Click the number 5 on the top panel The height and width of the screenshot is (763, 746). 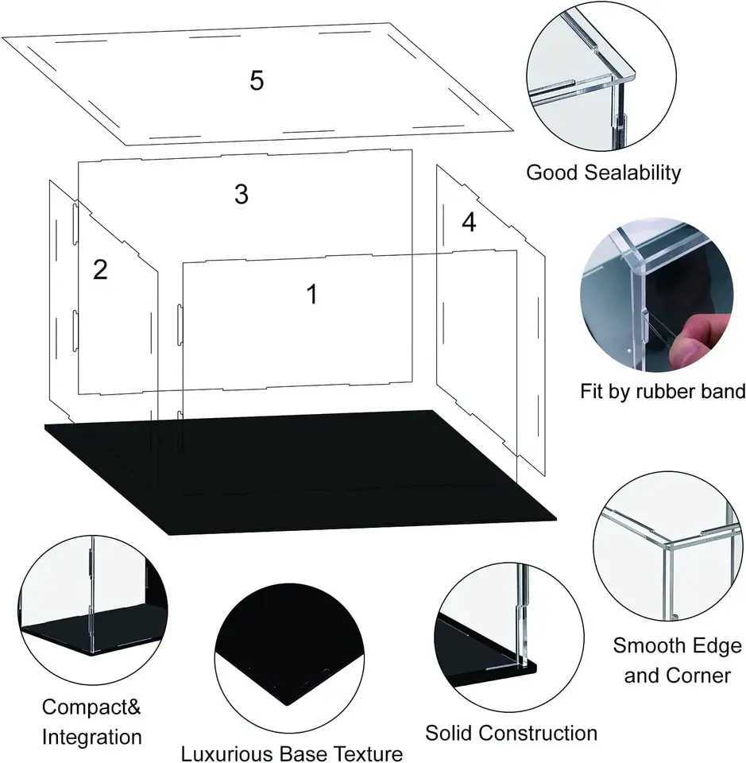(x=256, y=80)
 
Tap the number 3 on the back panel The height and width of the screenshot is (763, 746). (x=242, y=195)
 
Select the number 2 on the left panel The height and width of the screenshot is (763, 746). (x=100, y=270)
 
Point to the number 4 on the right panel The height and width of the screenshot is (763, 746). (x=469, y=223)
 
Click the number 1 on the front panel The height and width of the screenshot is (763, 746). (x=312, y=294)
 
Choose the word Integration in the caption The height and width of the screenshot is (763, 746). (x=91, y=736)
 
